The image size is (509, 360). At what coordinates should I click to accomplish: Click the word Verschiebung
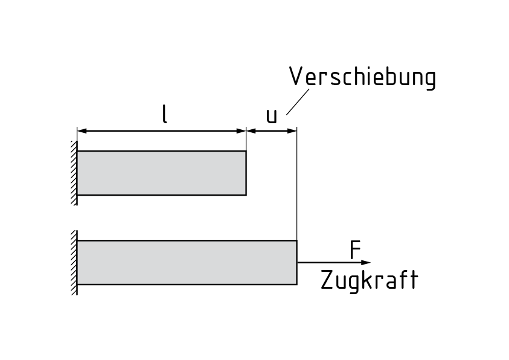[362, 78]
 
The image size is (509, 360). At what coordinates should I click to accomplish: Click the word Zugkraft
[369, 281]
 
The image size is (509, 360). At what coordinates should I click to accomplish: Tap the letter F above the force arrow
[355, 250]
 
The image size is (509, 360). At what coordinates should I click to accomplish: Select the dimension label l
[164, 114]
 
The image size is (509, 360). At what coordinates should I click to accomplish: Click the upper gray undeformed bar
[161, 173]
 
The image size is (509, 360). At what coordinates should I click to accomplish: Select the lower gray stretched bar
[187, 262]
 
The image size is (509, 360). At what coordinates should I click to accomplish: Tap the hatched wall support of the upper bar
[74, 173]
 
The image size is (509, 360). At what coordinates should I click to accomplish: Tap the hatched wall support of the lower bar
[74, 262]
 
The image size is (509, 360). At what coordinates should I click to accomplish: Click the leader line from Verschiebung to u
[298, 101]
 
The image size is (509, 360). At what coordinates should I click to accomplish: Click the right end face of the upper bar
[246, 173]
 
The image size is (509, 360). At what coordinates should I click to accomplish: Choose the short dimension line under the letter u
[271, 130]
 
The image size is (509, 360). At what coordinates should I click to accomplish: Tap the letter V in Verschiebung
[295, 77]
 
